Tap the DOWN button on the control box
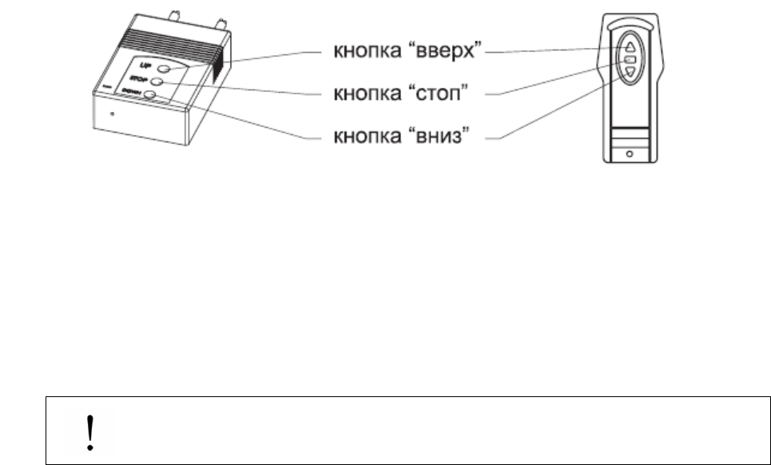tap(150, 97)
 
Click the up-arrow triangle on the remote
tap(630, 46)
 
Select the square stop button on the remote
tap(630, 59)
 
